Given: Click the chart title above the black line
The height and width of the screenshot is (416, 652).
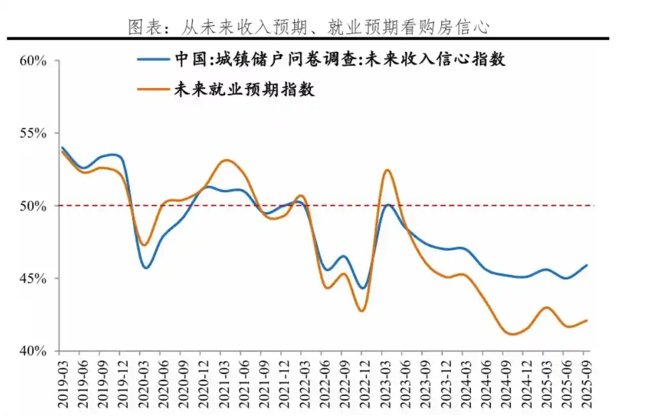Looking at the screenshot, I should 308,27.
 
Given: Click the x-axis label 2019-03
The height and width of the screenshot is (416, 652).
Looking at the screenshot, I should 62,379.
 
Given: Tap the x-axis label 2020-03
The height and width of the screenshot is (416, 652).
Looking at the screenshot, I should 143,379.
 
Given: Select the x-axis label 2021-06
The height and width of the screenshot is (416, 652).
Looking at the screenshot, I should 244,379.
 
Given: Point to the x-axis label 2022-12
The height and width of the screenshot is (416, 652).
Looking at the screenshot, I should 365,379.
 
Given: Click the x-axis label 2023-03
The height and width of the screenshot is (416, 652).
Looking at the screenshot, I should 385,379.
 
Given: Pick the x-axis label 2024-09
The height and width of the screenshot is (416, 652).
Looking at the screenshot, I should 506,379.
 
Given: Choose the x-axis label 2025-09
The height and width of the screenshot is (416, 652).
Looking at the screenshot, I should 586,379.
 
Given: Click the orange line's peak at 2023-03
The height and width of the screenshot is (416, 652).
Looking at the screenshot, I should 388,170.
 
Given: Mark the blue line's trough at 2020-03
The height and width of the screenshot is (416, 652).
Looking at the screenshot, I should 146,268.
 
